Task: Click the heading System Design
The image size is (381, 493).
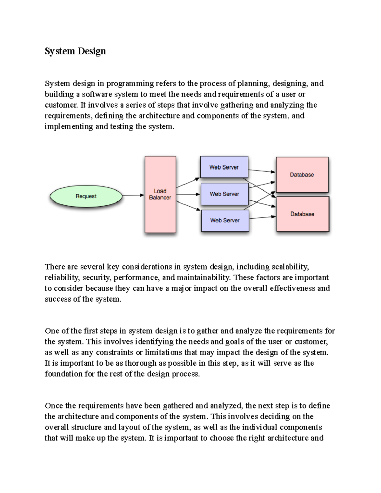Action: pos(75,51)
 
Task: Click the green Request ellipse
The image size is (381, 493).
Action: pos(86,196)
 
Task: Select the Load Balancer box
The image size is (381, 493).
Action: pos(160,194)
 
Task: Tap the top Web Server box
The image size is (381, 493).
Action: pos(224,167)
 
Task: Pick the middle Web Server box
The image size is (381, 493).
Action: pos(224,194)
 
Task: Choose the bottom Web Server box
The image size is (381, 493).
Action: pos(225,220)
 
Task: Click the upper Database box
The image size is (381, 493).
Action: pos(302,175)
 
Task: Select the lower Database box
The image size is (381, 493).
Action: pos(302,214)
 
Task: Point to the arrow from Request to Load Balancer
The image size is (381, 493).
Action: pos(133,195)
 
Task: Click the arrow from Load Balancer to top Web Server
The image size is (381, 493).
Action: pos(188,183)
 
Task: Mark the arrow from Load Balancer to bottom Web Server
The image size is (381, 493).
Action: pos(188,205)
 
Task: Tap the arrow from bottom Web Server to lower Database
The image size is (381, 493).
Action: pos(262,217)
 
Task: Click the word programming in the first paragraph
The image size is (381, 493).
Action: pos(130,84)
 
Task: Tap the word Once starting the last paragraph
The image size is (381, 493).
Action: pos(54,406)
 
